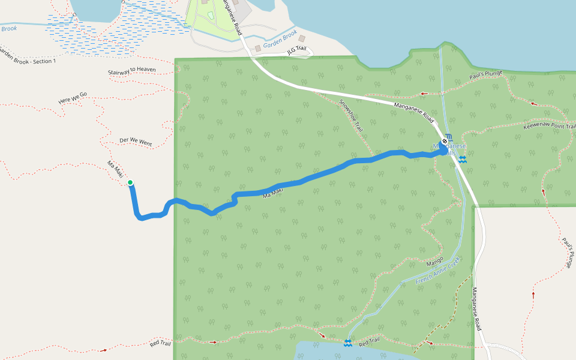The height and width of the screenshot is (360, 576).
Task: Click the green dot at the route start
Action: click(130, 183)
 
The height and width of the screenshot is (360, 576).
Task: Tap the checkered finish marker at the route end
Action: click(444, 142)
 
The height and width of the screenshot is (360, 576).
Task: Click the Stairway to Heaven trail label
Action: click(132, 70)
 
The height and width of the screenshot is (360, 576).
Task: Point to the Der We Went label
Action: click(136, 142)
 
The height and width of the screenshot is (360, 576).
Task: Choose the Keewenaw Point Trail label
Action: click(549, 127)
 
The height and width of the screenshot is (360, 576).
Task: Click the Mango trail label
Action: click(434, 262)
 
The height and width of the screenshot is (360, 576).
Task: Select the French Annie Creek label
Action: click(437, 270)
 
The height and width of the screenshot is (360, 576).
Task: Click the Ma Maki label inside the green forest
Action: click(273, 192)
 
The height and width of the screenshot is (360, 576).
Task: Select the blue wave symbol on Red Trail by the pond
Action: click(347, 343)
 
